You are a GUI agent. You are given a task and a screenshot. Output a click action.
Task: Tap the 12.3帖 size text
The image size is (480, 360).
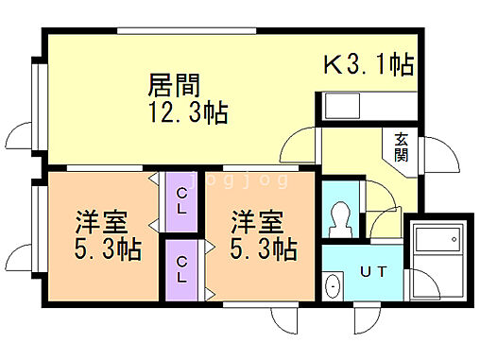point(186,113)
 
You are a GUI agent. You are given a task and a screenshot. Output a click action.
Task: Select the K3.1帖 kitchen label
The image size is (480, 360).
point(369,65)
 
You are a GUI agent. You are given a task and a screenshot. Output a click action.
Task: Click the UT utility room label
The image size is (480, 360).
point(372,272)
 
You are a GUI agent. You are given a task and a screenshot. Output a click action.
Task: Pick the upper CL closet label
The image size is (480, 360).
point(180,201)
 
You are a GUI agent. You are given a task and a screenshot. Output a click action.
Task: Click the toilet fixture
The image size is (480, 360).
point(340,218)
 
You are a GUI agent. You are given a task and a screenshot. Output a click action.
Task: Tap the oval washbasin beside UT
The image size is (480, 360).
point(334,286)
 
